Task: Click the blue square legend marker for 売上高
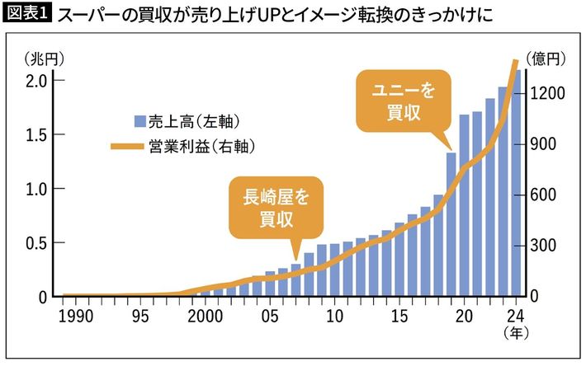[139, 122]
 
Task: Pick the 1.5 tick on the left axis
[35, 135]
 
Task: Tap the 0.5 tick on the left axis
[35, 243]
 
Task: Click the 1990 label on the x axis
[74, 316]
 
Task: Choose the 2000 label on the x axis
[204, 316]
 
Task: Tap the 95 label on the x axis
[139, 316]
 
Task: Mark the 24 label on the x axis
[517, 316]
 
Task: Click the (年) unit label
[517, 333]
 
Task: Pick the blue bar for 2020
[465, 206]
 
